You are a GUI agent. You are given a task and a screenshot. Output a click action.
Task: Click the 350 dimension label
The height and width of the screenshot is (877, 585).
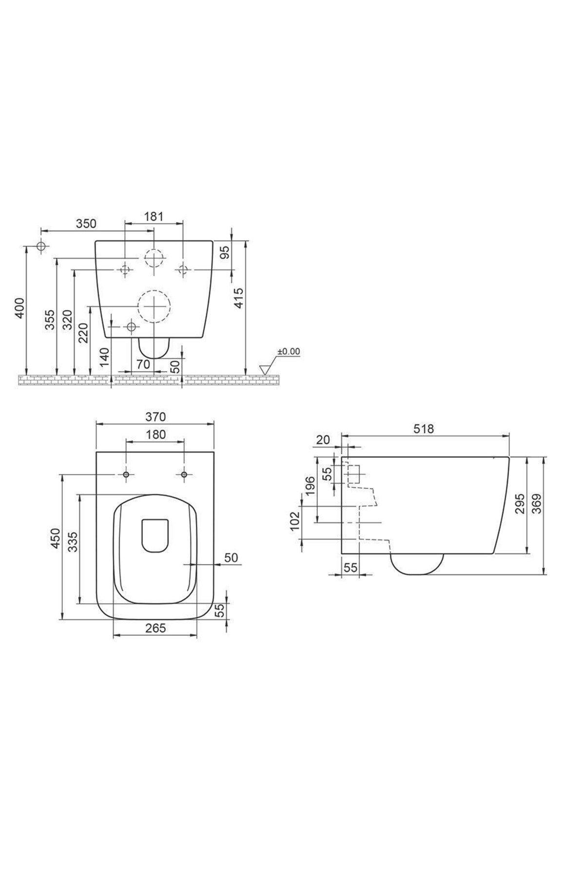[86, 224]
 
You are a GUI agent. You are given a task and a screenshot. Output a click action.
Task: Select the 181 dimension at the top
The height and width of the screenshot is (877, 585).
[154, 216]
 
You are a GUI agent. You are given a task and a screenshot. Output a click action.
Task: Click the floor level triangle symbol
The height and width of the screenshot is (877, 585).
[266, 370]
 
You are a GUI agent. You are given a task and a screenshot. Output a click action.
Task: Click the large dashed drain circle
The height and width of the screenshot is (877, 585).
[154, 306]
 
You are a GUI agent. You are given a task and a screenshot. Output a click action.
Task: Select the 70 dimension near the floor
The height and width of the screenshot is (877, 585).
[142, 363]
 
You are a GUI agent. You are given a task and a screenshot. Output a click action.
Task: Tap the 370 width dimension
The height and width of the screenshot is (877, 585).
[156, 417]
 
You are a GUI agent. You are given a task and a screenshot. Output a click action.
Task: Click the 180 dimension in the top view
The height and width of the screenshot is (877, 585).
[156, 434]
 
